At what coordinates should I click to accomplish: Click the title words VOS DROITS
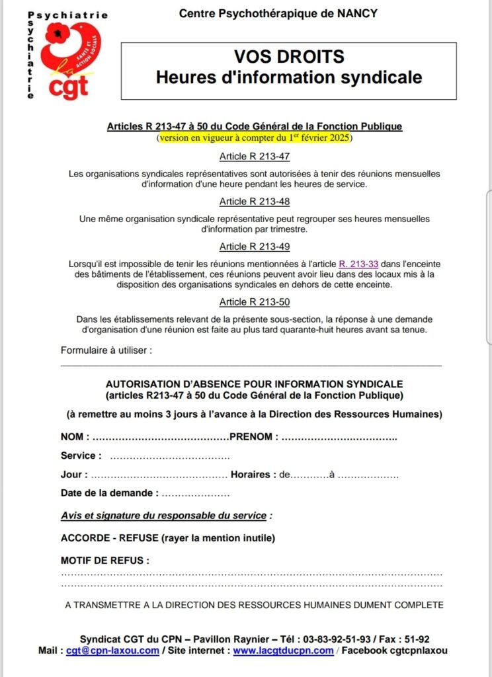[x=288, y=58]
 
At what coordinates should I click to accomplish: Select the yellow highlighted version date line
[x=255, y=138]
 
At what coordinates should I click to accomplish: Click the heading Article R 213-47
[x=255, y=157]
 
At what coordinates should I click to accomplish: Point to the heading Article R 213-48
[x=255, y=201]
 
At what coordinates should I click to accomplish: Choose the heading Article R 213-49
[x=255, y=247]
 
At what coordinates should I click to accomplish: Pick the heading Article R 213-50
[x=255, y=301]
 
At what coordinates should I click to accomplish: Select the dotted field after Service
[x=169, y=456]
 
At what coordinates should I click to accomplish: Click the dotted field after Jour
[x=159, y=475]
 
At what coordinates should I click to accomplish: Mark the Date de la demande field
[x=195, y=493]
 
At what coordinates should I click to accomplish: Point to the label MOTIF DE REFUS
[x=105, y=561]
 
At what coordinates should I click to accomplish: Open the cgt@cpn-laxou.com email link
[x=112, y=651]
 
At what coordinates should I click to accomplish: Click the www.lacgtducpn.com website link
[x=283, y=651]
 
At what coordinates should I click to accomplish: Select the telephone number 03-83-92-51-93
[x=337, y=639]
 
